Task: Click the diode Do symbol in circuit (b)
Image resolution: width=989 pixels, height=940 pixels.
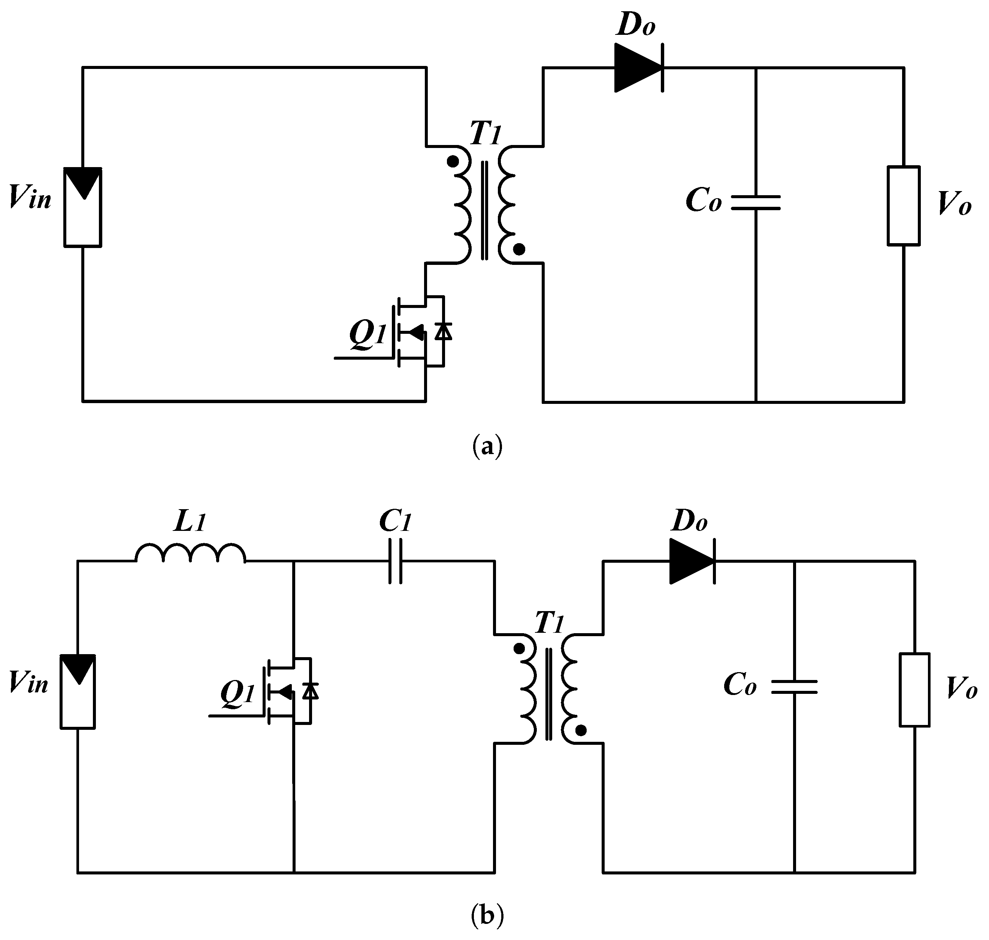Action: [x=692, y=561]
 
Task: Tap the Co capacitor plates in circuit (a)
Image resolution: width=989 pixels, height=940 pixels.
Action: [x=756, y=202]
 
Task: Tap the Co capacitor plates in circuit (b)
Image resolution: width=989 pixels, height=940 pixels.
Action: [x=794, y=687]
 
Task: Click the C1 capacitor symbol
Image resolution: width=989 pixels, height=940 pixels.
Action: [x=395, y=561]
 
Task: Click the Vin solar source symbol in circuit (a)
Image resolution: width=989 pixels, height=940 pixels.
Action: [x=83, y=207]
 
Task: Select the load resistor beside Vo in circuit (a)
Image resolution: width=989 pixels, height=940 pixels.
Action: [x=903, y=206]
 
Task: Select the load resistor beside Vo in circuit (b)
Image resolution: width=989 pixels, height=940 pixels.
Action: [x=914, y=689]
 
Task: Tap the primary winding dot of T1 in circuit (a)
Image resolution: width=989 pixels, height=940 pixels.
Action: [x=453, y=162]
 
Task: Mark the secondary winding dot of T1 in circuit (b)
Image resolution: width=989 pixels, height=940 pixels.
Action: [x=581, y=731]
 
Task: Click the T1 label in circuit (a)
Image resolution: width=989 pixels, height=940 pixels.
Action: [x=485, y=134]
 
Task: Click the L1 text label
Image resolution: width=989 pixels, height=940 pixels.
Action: [x=190, y=523]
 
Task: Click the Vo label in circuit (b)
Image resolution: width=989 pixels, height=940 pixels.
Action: [x=961, y=689]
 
